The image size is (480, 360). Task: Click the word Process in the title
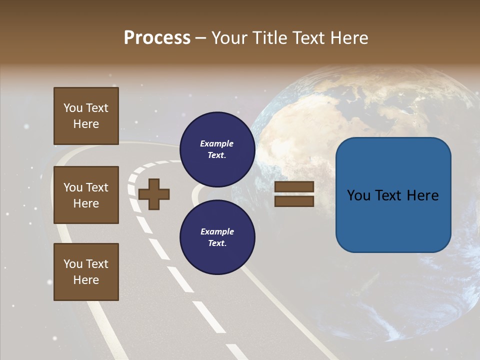point(157,38)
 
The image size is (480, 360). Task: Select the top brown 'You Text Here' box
point(86,116)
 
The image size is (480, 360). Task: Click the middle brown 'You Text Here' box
point(86,195)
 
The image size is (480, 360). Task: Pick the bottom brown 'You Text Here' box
point(86,271)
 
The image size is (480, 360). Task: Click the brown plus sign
point(154,194)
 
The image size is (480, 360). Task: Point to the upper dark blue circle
point(217,149)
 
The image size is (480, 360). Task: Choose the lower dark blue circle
point(217,237)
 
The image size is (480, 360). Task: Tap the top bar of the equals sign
point(294,187)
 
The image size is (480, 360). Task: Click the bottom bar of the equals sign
point(294,201)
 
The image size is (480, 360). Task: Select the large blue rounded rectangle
point(393,195)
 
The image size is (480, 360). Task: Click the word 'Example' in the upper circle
point(217,144)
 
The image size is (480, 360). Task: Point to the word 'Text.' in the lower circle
point(217,243)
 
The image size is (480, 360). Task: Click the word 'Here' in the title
point(349,38)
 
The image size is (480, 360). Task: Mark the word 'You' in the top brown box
point(73,108)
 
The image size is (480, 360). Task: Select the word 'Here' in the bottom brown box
point(86,280)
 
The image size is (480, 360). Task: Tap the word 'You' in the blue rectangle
point(359,195)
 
